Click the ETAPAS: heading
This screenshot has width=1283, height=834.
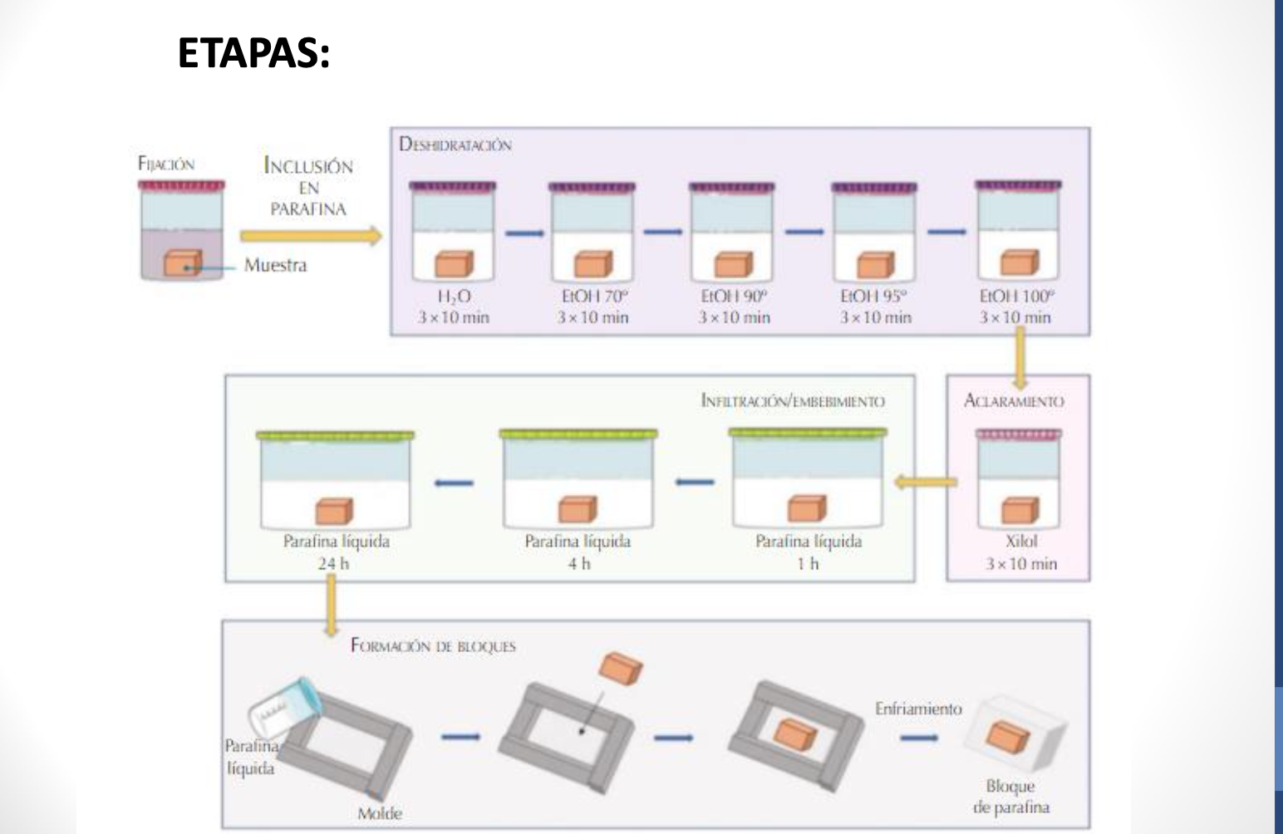click(253, 53)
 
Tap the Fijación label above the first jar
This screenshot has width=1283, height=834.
click(166, 164)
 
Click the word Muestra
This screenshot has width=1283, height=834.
click(275, 265)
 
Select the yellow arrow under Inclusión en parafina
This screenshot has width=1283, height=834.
click(310, 236)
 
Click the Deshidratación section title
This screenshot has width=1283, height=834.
click(455, 145)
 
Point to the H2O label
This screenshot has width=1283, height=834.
click(454, 297)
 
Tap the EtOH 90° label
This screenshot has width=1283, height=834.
click(734, 297)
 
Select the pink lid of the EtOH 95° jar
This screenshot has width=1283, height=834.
click(874, 187)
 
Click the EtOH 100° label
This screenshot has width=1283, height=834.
click(1015, 297)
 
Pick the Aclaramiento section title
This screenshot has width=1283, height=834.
click(1013, 401)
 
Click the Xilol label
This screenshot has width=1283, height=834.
click(1021, 541)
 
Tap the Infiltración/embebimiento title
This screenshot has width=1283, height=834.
click(793, 401)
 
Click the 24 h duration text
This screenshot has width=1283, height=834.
click(334, 563)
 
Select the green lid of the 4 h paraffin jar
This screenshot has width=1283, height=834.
click(578, 434)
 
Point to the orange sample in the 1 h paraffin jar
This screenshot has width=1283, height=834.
click(807, 508)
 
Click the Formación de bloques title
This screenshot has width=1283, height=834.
click(433, 645)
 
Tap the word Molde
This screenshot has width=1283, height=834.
click(380, 813)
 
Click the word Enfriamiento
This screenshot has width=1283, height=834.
click(918, 709)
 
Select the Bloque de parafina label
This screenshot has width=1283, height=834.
click(1010, 796)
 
